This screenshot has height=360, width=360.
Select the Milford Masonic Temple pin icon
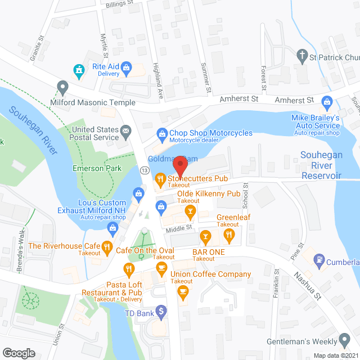[x=62, y=87]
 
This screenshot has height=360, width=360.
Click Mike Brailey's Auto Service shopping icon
[x=327, y=102]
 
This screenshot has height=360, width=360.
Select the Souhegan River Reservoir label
[x=321, y=165]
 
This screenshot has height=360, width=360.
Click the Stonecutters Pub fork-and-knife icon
[x=160, y=179]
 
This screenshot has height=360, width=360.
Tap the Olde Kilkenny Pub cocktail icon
[x=191, y=212]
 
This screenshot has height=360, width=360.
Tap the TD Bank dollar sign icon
[x=161, y=310]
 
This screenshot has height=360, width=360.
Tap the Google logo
[x=19, y=353]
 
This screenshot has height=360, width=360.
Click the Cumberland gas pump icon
[x=319, y=259]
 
